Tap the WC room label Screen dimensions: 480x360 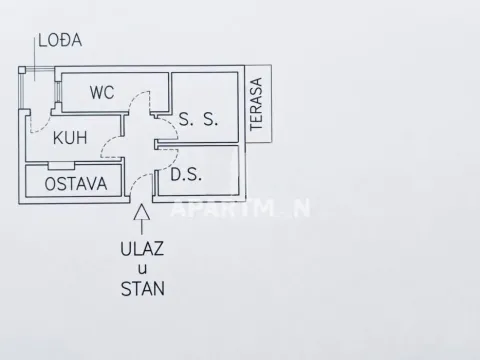(102, 92)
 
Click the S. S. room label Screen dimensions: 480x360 (199, 119)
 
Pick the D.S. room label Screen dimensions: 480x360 (187, 174)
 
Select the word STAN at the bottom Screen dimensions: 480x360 (143, 291)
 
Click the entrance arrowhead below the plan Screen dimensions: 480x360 (143, 211)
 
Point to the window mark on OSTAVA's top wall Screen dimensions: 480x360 (61, 164)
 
